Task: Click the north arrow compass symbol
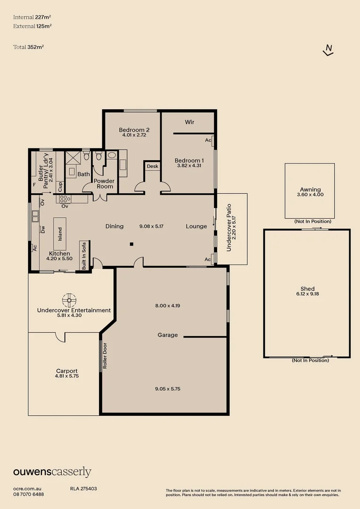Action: tap(328, 50)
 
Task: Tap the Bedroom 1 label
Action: tap(189, 160)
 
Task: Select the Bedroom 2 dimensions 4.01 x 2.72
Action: tap(134, 135)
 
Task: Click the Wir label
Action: tap(189, 122)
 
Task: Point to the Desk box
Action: tap(152, 166)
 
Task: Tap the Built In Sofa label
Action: tap(84, 255)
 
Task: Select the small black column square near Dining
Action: tap(131, 244)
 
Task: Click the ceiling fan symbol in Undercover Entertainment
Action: tap(69, 300)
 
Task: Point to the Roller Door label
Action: tap(105, 356)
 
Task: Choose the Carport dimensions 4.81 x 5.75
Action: tap(67, 376)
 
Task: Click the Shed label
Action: tap(307, 288)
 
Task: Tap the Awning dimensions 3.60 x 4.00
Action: tap(311, 195)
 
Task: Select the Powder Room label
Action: tap(104, 184)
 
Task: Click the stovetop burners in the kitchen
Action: tap(65, 199)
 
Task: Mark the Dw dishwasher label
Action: tap(43, 229)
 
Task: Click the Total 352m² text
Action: tap(29, 47)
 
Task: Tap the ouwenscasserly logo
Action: tap(52, 472)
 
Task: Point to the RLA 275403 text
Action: tap(83, 489)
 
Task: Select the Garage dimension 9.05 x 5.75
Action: tap(167, 388)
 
